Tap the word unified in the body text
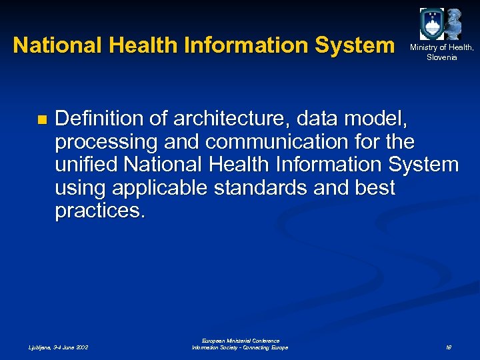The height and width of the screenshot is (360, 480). (85, 165)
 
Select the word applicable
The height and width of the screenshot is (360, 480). (161, 188)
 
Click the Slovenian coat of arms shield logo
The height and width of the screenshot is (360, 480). (431, 24)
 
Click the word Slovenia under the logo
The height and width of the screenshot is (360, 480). (442, 57)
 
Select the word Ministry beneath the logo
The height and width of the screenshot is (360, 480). (425, 47)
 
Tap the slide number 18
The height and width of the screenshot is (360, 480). (449, 347)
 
